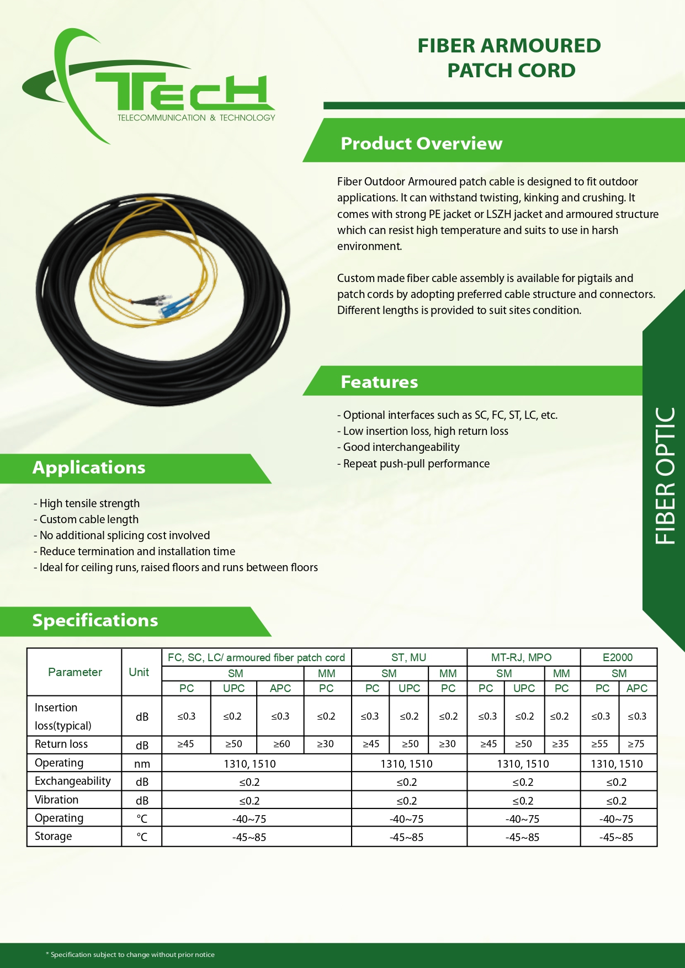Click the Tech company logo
(149, 88)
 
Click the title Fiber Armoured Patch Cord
(509, 58)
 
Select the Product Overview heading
(421, 143)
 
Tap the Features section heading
(379, 382)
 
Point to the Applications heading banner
(89, 467)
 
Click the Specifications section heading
(95, 620)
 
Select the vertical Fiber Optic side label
(665, 476)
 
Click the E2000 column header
(618, 657)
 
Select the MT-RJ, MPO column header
(521, 657)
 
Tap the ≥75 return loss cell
(636, 744)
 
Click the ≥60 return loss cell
(281, 744)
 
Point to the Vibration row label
(56, 800)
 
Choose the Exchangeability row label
(72, 781)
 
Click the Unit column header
(139, 672)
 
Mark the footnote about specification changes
(130, 954)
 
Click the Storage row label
(53, 836)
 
